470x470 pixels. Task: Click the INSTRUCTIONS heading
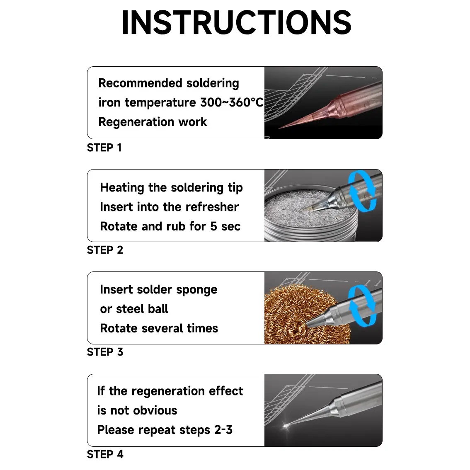tap(236, 23)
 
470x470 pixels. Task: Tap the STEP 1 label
tap(104, 148)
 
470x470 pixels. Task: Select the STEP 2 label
tap(105, 250)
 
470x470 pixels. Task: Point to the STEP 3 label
tap(105, 352)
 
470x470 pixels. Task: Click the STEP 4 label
tap(105, 454)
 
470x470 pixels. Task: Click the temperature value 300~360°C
tap(232, 102)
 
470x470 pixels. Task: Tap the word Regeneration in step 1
tap(136, 122)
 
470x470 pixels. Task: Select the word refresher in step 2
tap(212, 207)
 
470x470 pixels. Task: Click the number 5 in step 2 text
tap(213, 227)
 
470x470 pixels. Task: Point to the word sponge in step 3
tap(196, 290)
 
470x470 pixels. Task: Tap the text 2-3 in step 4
tap(223, 430)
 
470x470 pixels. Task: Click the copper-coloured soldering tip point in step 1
tap(279, 128)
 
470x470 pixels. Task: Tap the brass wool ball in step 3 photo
tap(306, 315)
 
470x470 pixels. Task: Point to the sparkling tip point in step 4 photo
tap(286, 425)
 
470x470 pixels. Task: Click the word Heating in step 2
tap(122, 188)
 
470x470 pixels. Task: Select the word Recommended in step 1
tap(140, 83)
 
